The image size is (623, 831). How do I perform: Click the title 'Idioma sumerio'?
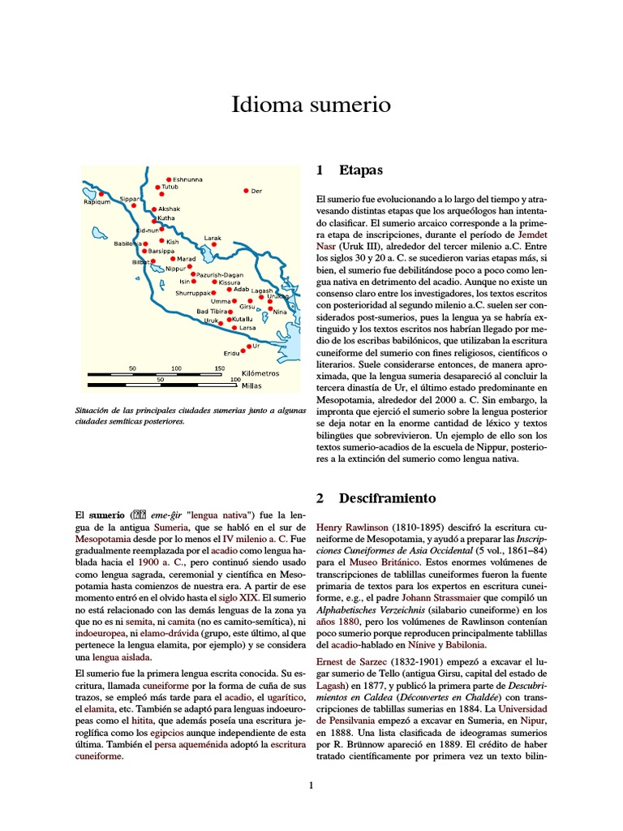(311, 105)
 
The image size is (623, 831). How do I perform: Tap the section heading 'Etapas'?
(360, 170)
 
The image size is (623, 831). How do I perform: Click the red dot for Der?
(246, 191)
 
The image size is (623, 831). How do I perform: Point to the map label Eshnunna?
(188, 179)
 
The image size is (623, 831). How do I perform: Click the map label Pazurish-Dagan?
(218, 274)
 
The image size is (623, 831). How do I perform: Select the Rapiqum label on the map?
(97, 202)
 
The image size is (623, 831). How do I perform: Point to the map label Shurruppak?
(194, 292)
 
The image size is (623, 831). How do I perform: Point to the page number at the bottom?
(311, 785)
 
